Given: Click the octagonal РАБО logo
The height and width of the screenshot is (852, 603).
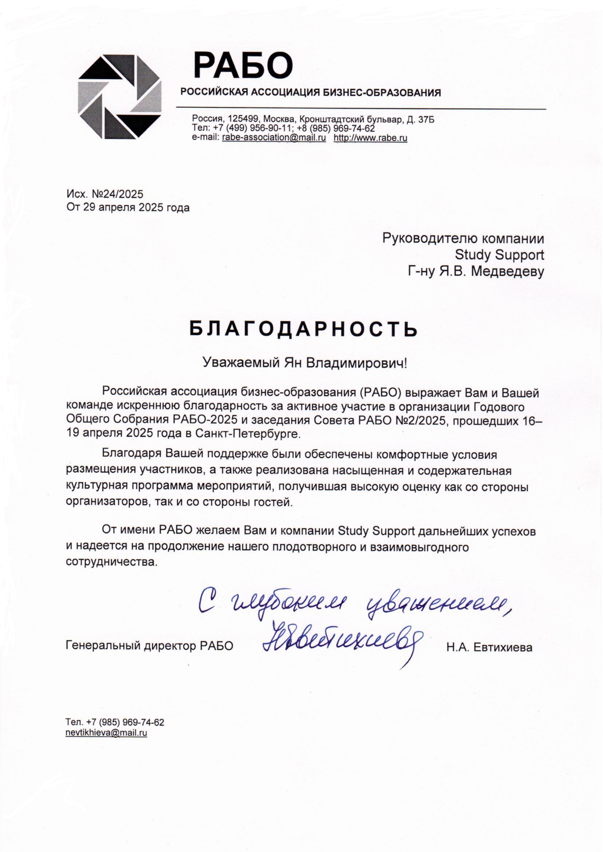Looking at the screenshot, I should (120, 97).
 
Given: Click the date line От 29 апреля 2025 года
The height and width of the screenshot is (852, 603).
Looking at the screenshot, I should (128, 207).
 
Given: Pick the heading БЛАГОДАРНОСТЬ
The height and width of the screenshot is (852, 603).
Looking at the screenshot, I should (303, 329).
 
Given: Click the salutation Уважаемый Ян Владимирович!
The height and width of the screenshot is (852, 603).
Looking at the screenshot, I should (304, 362).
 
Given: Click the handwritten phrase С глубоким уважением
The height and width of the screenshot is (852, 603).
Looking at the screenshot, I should (353, 604).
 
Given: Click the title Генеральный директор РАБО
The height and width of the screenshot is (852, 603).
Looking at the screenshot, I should (149, 646).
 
